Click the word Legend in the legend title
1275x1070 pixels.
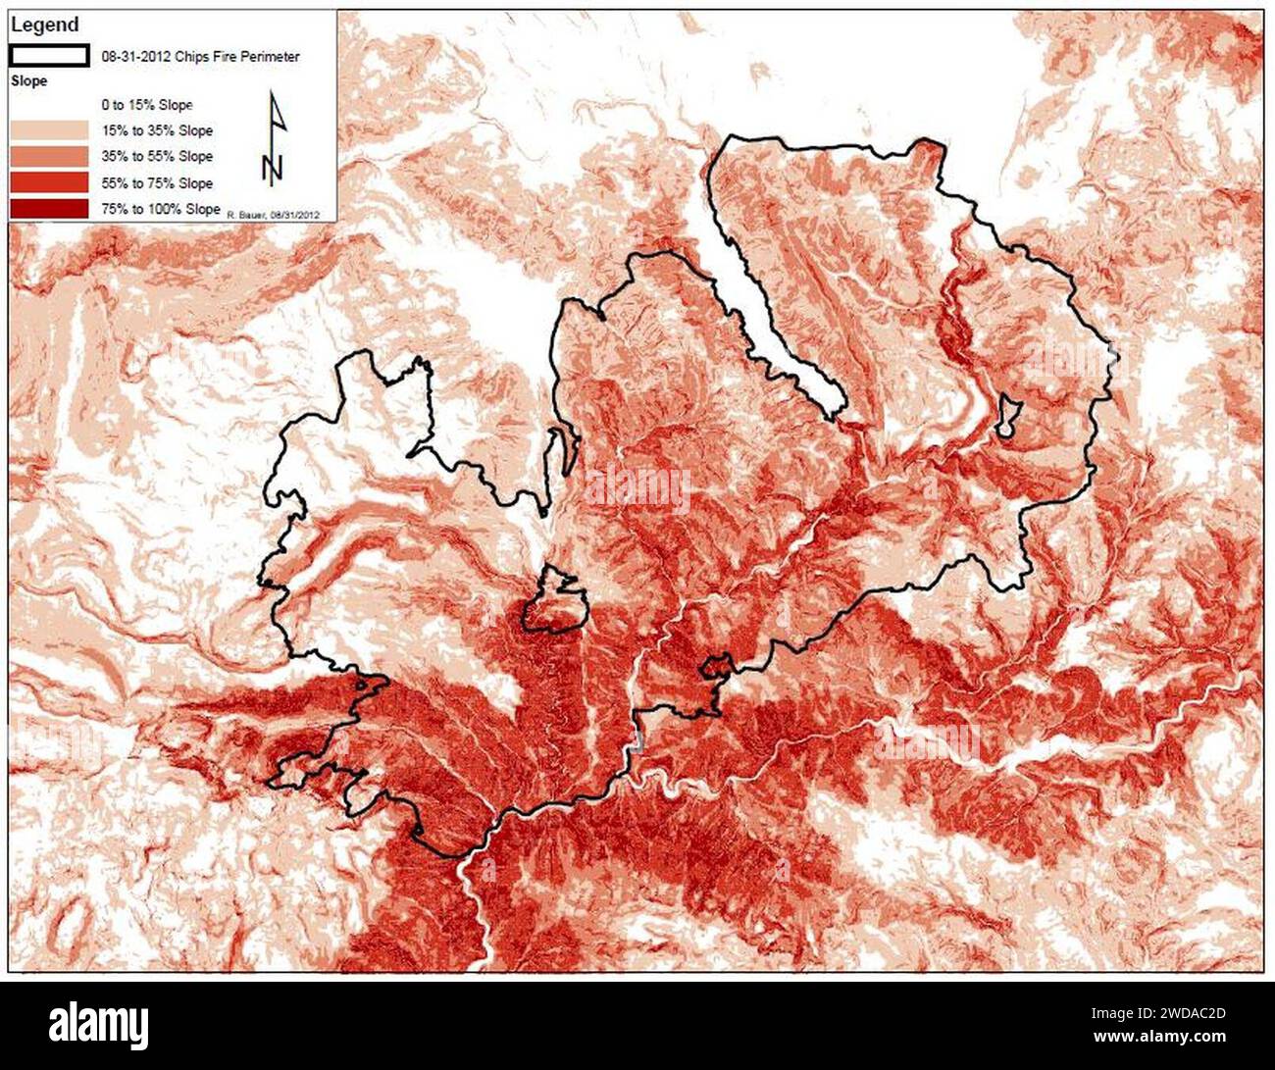[x=44, y=25]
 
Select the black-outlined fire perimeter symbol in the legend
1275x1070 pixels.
[x=49, y=56]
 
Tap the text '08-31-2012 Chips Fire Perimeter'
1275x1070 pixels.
[x=201, y=57]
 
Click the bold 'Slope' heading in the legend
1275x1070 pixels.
[x=28, y=81]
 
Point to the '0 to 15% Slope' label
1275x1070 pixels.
[x=147, y=105]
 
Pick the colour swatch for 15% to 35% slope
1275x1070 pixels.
[x=49, y=130]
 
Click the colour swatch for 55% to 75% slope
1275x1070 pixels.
[x=49, y=182]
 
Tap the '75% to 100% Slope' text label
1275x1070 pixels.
[x=161, y=209]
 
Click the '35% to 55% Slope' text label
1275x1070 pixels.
[x=157, y=157]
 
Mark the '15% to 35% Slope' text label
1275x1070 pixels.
[x=157, y=130]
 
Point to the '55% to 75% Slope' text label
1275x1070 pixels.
[x=157, y=183]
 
